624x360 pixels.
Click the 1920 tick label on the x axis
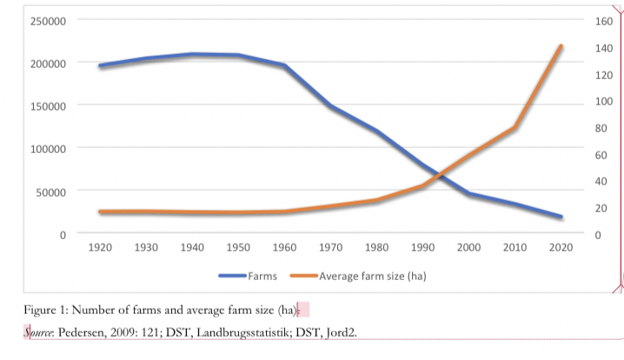[100, 248]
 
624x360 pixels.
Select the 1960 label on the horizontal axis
[284, 248]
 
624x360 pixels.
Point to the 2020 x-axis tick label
[561, 248]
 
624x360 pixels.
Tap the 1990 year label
[422, 248]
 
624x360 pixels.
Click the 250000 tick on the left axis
[49, 21]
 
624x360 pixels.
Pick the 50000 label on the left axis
[51, 191]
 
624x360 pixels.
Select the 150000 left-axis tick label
[49, 106]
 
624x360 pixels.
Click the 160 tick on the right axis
[603, 21]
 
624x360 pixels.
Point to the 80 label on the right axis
[601, 128]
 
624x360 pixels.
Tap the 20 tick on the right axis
[601, 208]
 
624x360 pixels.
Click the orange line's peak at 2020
[561, 46]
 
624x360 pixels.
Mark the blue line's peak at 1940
[192, 55]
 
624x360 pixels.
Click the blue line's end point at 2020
[561, 217]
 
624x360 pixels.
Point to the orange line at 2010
[514, 128]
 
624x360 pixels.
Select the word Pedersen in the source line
[90, 332]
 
